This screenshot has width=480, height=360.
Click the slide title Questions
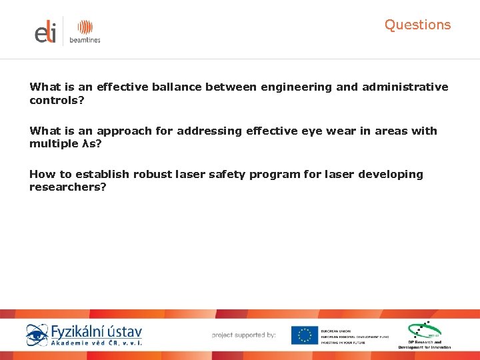pos(417,25)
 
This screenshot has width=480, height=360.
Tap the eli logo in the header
pos(46,32)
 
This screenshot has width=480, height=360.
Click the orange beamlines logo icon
pos(85,27)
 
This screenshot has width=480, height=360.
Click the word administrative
pos(405,87)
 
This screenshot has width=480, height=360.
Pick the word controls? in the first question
pos(57,101)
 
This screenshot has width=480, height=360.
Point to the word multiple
pos(53,145)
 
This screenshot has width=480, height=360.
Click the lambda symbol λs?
pos(89,145)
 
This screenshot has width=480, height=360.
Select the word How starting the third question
pos(41,175)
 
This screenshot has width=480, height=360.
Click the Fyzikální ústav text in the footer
pos(96,331)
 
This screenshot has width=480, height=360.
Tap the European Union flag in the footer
pos(304,335)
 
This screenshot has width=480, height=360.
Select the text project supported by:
pos(243,335)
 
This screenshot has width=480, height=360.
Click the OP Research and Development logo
pos(425,335)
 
